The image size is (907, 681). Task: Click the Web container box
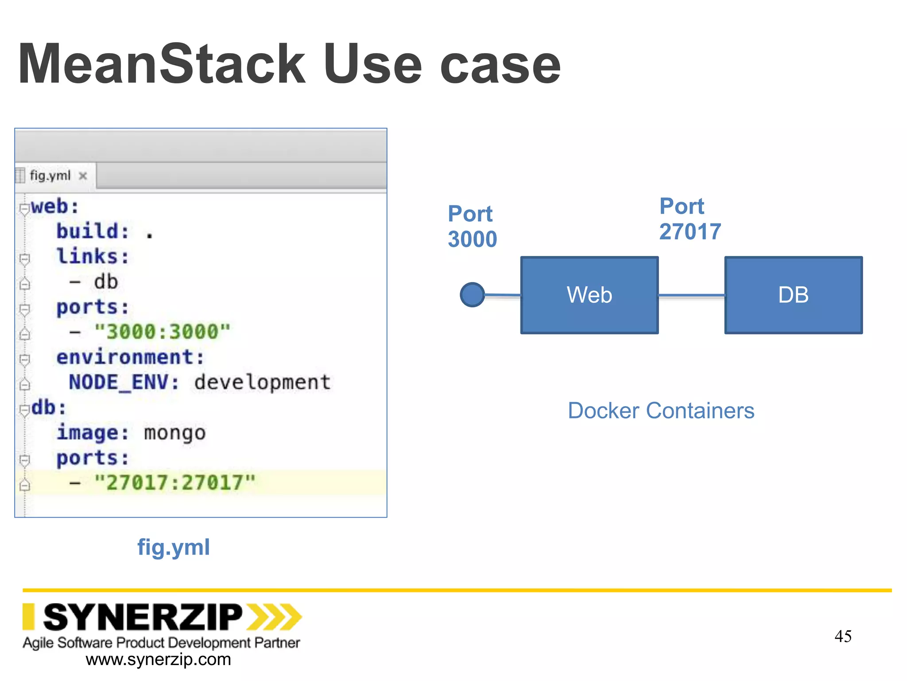pyautogui.click(x=589, y=295)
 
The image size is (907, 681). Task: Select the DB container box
pyautogui.click(x=793, y=295)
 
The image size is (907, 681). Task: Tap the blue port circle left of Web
pyautogui.click(x=472, y=295)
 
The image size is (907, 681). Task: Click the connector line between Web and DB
pyautogui.click(x=691, y=295)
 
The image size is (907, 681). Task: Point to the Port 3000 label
pyautogui.click(x=472, y=227)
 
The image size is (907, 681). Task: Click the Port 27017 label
pyautogui.click(x=690, y=219)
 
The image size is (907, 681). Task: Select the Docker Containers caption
pyautogui.click(x=661, y=411)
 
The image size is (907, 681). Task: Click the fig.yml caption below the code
pyautogui.click(x=174, y=547)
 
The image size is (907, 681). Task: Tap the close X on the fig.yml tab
pyautogui.click(x=82, y=176)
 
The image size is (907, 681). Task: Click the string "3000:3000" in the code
pyautogui.click(x=163, y=332)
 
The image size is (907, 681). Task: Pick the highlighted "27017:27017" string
pyautogui.click(x=175, y=482)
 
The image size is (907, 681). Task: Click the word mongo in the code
pyautogui.click(x=175, y=433)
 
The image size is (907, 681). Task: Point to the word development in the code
pyautogui.click(x=262, y=382)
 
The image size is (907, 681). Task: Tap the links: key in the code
pyautogui.click(x=93, y=256)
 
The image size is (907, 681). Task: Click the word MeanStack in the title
pyautogui.click(x=162, y=64)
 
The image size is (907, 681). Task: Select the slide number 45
pyautogui.click(x=843, y=636)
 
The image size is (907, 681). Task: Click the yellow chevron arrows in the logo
pyautogui.click(x=274, y=617)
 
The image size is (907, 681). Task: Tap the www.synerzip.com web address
pyautogui.click(x=158, y=660)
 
